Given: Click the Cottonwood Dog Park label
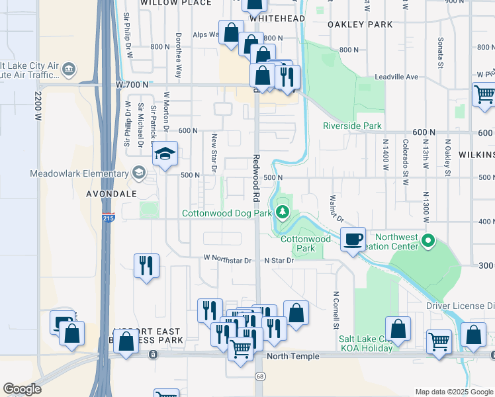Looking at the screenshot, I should [x=227, y=213].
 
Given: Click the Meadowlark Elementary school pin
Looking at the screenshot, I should [x=138, y=174].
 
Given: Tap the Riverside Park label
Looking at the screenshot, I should [x=352, y=126].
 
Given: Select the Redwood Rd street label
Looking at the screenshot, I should [x=255, y=178].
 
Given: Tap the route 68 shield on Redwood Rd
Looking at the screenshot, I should [x=258, y=375].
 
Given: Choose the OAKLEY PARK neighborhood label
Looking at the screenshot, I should [x=359, y=24].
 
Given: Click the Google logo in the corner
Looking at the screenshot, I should [x=22, y=389].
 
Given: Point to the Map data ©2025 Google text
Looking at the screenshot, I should [x=454, y=392].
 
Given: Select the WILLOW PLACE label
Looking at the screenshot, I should [x=176, y=3].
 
